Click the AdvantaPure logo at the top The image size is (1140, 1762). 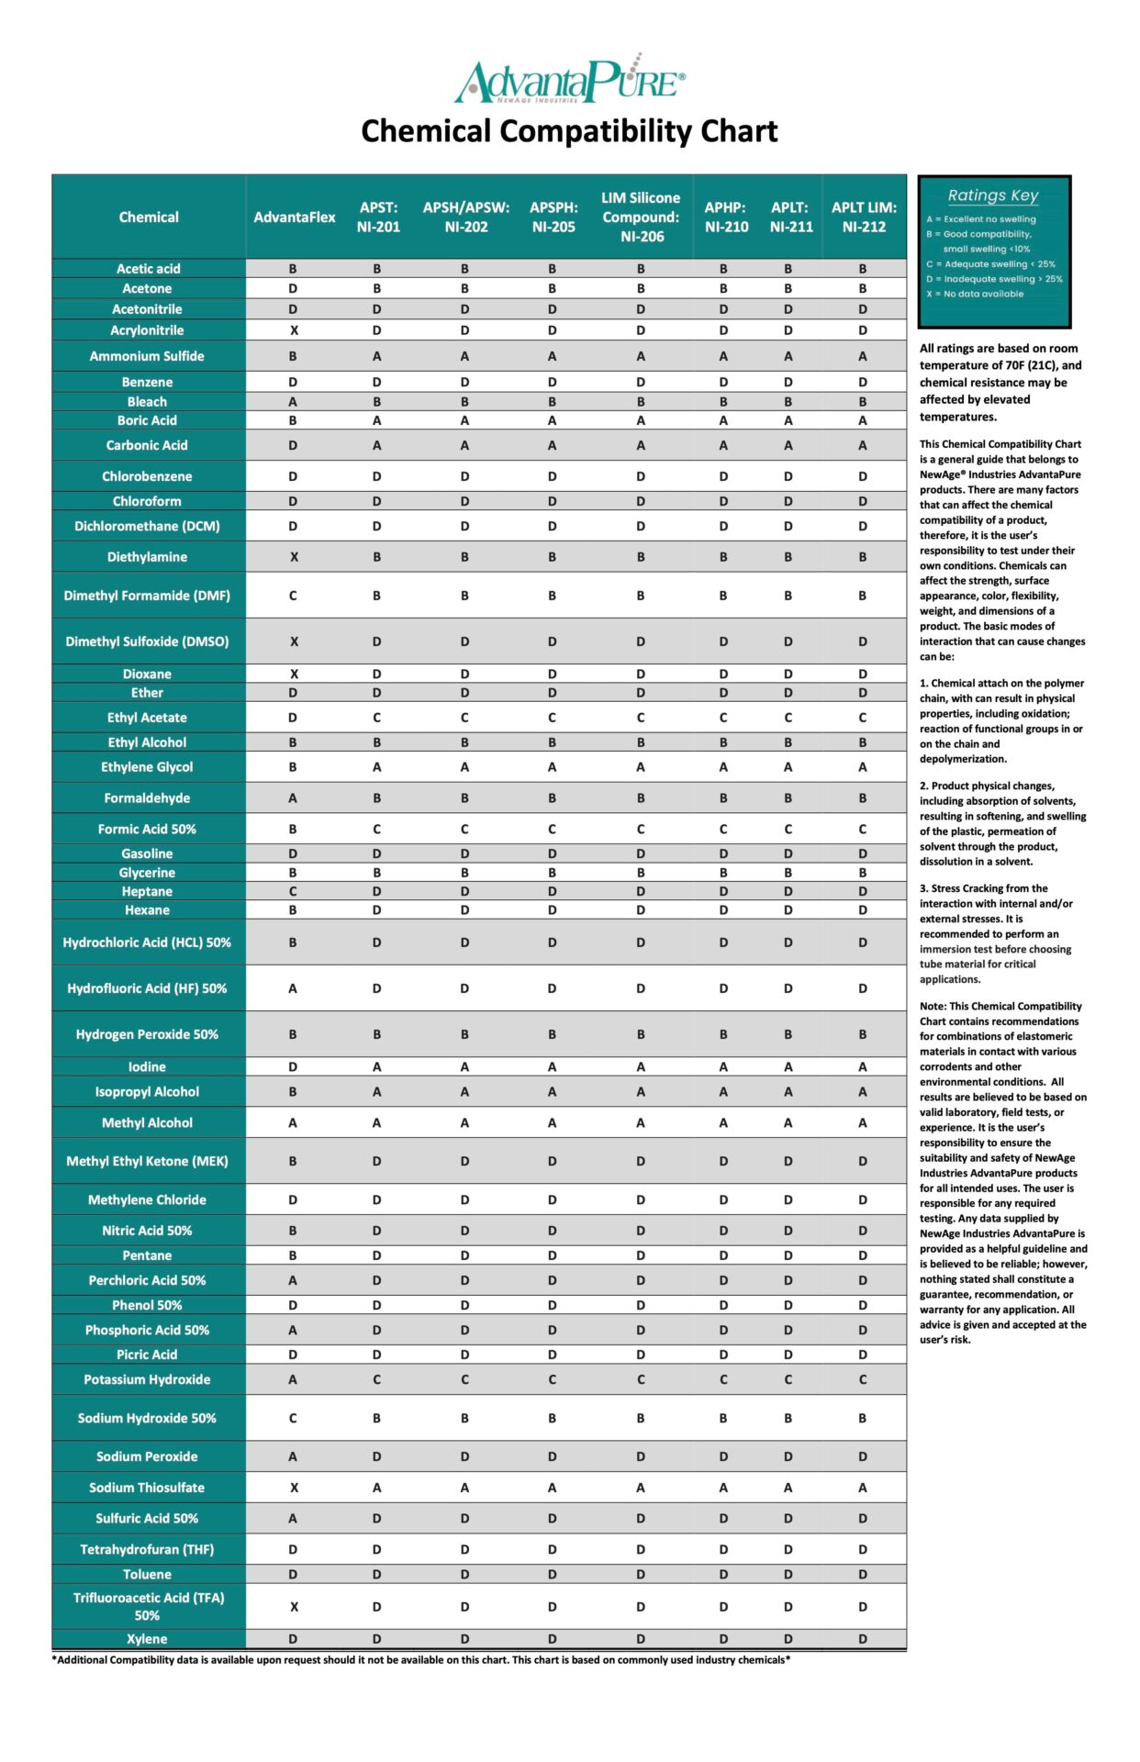coord(569,80)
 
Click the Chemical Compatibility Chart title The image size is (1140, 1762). coord(569,131)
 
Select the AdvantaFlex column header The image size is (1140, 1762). coord(295,217)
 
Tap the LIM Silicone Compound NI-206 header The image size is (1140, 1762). coord(641,217)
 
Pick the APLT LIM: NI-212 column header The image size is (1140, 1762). coord(864,217)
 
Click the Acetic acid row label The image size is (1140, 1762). coord(149,269)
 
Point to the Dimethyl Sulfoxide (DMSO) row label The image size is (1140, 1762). coord(147,641)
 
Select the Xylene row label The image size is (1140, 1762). coord(147,1639)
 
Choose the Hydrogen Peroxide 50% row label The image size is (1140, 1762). coord(147,1034)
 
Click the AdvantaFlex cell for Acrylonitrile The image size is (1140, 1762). coord(294,330)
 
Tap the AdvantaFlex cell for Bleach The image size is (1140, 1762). coord(293,402)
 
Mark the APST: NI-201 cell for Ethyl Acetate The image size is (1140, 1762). coord(376,718)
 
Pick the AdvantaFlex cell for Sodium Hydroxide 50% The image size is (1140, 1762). coord(293,1418)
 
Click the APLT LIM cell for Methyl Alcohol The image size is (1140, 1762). coord(863,1122)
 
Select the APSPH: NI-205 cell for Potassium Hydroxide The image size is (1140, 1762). coord(552,1379)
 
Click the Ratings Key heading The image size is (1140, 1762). coord(993,195)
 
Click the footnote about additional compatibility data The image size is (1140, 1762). coord(421,1660)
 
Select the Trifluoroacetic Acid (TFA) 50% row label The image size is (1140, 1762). coord(147,1607)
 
